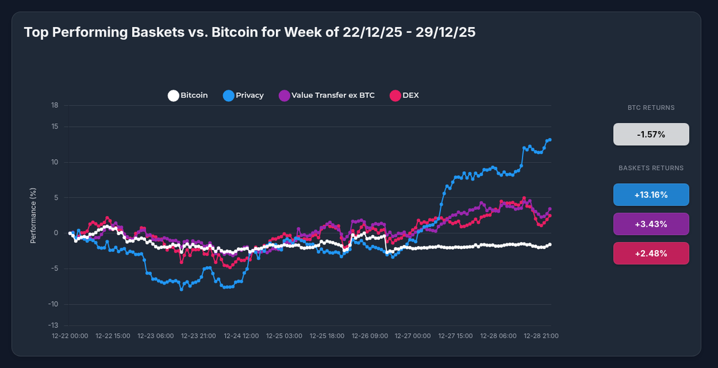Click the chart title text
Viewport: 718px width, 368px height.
coord(250,32)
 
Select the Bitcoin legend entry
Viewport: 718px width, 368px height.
coord(188,95)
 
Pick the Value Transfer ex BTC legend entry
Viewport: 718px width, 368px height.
coord(327,95)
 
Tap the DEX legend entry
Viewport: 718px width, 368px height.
coord(404,95)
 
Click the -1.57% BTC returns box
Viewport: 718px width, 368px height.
coord(651,135)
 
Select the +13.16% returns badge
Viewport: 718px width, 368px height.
coord(651,194)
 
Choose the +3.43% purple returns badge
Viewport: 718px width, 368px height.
coord(651,224)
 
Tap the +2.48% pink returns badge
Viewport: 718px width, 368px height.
coord(651,253)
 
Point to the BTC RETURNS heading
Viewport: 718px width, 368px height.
coord(651,108)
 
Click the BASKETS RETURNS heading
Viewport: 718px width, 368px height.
coord(651,168)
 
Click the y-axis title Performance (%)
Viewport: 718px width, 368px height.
coord(34,215)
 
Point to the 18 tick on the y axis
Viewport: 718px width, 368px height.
coord(54,106)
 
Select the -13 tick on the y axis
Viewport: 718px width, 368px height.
coord(54,325)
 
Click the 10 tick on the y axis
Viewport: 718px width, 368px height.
coord(54,162)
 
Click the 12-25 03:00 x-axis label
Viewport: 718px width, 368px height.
coord(284,336)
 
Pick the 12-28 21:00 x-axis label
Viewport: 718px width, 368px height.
coord(541,336)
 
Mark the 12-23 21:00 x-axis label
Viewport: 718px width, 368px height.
coord(199,336)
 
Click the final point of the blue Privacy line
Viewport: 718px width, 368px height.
coord(550,139)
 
